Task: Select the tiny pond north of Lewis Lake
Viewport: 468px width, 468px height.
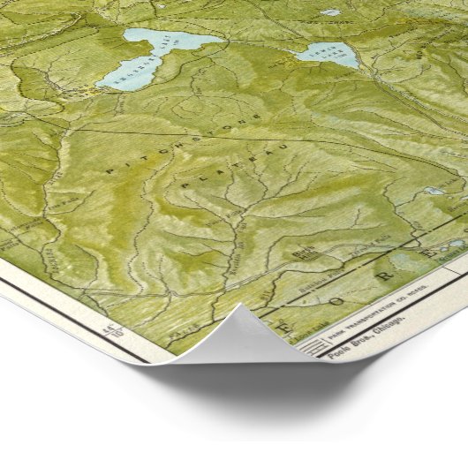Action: click(330, 12)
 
